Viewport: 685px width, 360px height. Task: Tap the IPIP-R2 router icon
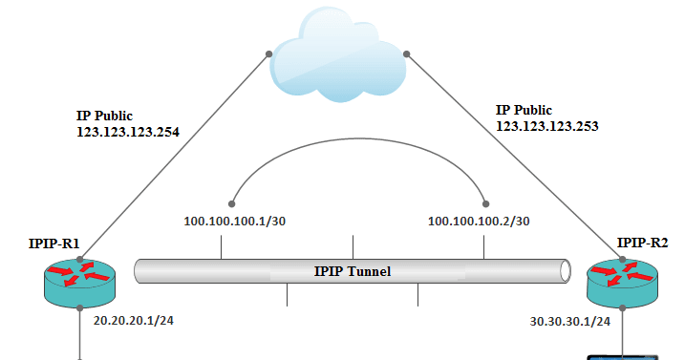[x=622, y=281]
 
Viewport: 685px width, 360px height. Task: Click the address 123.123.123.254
[x=128, y=132]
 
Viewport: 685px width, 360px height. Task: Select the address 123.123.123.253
[x=547, y=124]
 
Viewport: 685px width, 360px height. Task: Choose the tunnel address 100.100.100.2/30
[x=479, y=222]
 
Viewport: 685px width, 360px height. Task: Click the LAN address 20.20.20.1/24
[x=133, y=321]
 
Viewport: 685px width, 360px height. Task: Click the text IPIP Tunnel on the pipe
[x=353, y=271]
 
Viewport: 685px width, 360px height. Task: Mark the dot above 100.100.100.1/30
[x=231, y=202]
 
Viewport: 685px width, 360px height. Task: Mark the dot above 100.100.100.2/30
[x=486, y=202]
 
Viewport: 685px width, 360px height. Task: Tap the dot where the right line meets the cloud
[x=407, y=53]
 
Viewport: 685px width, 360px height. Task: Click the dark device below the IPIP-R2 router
[x=622, y=356]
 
